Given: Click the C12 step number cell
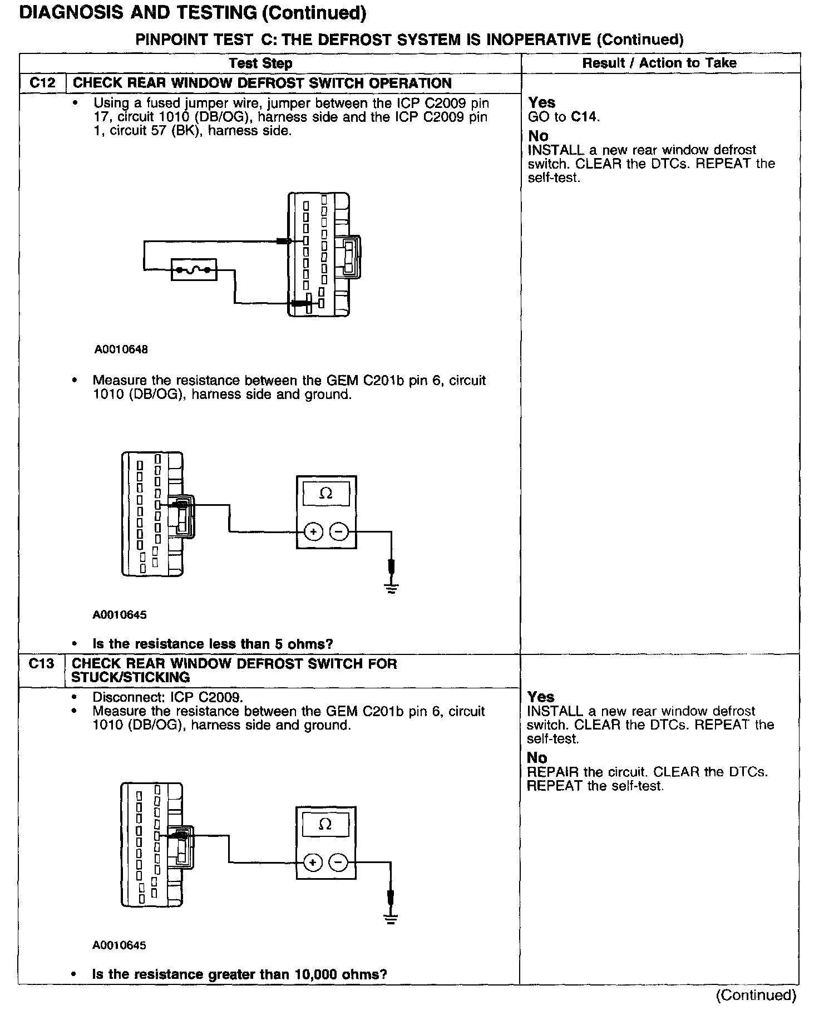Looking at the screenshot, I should pyautogui.click(x=42, y=83).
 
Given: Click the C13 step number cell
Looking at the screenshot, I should pyautogui.click(x=41, y=664).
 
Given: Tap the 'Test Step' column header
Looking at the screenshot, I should pyautogui.click(x=260, y=63).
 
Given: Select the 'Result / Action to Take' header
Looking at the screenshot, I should pyautogui.click(x=659, y=63).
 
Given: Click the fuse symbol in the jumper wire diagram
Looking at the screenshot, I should pyautogui.click(x=194, y=270).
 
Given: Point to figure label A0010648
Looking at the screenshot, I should pyautogui.click(x=121, y=349).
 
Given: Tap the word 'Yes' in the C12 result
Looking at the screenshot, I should pyautogui.click(x=541, y=102).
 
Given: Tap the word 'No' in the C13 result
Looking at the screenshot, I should pyautogui.click(x=537, y=758).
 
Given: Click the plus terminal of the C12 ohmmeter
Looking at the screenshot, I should pyautogui.click(x=314, y=533).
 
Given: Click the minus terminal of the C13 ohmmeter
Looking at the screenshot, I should pyautogui.click(x=338, y=863).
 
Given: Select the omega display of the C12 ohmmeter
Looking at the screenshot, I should pyautogui.click(x=326, y=494).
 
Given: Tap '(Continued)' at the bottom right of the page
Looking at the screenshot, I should pyautogui.click(x=756, y=995).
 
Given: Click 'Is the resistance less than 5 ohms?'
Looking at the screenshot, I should pyautogui.click(x=213, y=644).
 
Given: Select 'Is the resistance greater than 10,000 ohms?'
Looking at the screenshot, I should pyautogui.click(x=239, y=974).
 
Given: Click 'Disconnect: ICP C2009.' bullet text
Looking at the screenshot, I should pyautogui.click(x=167, y=697).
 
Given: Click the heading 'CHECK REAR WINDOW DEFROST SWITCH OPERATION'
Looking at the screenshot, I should pyautogui.click(x=262, y=83).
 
